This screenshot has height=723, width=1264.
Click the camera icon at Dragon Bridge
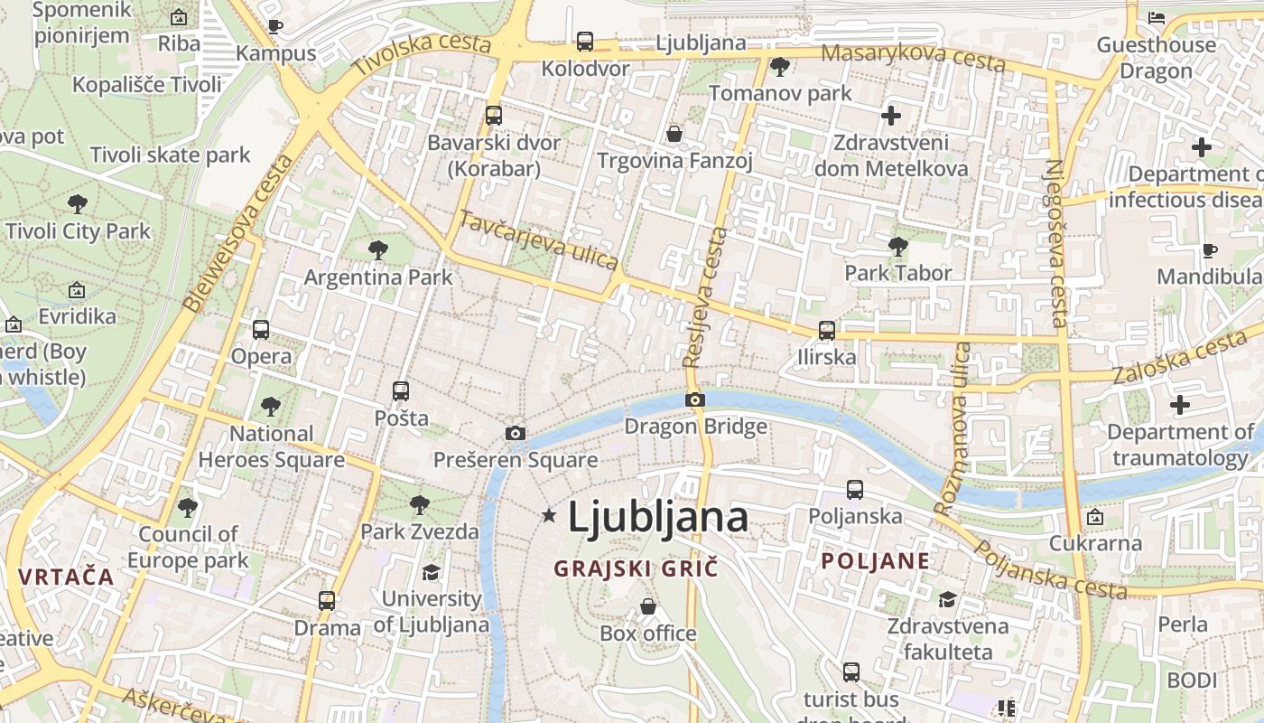694,399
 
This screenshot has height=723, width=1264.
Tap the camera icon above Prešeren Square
516,433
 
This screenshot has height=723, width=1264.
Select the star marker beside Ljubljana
548,515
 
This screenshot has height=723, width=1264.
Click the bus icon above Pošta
401,391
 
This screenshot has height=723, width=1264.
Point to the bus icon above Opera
261,330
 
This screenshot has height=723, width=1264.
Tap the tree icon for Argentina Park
378,249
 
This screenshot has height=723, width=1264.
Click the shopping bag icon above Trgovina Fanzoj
674,135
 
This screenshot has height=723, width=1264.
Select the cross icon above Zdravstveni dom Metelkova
891,116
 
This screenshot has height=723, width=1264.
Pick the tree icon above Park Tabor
897,246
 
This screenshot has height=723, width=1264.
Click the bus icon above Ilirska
826,331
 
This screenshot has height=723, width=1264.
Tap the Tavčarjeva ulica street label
539,239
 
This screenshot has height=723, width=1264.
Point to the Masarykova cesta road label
913,56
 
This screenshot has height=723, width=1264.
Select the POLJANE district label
875,560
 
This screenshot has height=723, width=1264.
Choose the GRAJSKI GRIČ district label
636,568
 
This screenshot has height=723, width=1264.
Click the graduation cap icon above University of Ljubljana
432,573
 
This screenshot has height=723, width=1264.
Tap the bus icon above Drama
327,600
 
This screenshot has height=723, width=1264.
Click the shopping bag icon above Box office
647,606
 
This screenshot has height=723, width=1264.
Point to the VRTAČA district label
66,577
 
